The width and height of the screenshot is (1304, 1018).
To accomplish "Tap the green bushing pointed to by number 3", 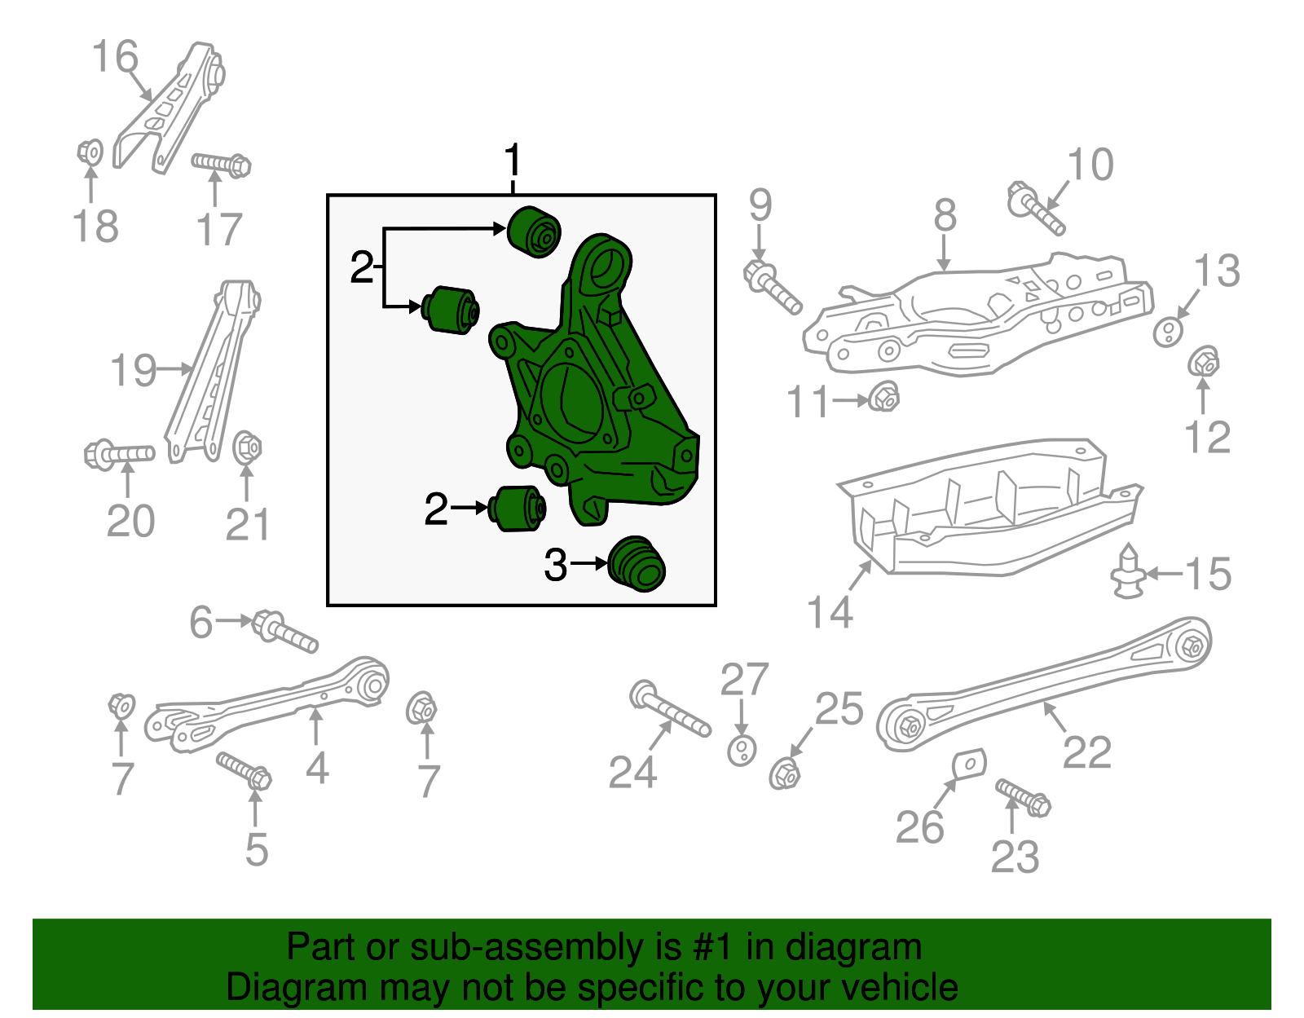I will [x=637, y=564].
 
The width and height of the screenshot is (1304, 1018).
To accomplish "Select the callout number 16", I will [x=115, y=57].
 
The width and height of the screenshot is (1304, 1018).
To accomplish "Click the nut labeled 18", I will [x=90, y=152].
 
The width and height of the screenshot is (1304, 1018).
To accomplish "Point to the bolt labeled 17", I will [x=221, y=164].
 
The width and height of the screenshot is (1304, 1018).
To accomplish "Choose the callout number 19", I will [x=133, y=370].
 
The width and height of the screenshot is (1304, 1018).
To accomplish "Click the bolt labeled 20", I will [x=119, y=453].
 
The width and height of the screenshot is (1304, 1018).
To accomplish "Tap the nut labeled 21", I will [x=247, y=447].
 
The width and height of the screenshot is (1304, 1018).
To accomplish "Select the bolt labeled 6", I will [x=285, y=632].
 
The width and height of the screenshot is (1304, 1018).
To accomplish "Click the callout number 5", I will [x=257, y=849].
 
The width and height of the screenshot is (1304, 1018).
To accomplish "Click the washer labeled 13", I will [x=1168, y=332].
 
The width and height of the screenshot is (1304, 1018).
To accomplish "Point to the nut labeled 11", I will [x=883, y=398].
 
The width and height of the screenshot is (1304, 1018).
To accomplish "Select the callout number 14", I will [x=830, y=611].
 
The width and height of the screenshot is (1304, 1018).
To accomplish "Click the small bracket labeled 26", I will [x=970, y=764].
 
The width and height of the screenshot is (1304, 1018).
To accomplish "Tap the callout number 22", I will [x=1087, y=751].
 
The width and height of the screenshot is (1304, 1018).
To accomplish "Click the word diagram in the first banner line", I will [x=853, y=947].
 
